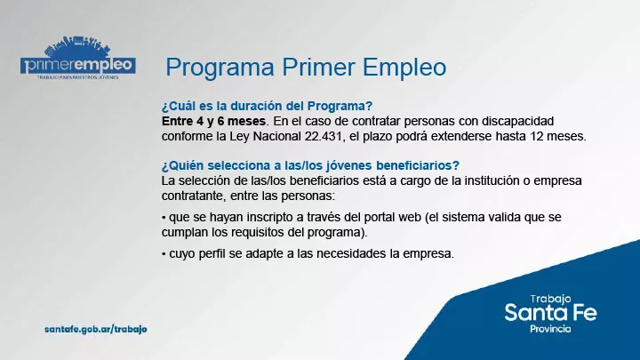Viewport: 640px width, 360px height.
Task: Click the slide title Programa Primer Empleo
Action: coord(306,68)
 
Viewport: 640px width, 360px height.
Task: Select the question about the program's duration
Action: coord(267,104)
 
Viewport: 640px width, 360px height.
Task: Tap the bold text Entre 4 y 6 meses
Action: coord(213,120)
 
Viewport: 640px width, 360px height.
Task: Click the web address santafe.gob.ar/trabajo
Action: coord(95,329)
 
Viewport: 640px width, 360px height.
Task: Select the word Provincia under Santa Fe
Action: coord(550,329)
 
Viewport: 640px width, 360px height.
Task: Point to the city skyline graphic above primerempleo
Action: coord(78,44)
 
